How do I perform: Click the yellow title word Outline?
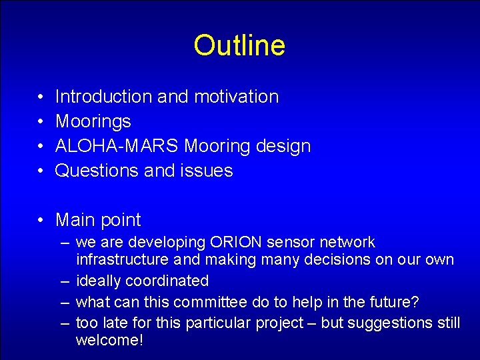(x=239, y=45)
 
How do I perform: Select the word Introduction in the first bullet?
(x=103, y=97)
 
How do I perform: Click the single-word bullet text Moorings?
(x=93, y=121)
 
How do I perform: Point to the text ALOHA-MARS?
(x=117, y=146)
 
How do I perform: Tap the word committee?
(x=214, y=302)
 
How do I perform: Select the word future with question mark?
(x=396, y=302)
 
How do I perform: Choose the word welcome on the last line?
(x=108, y=341)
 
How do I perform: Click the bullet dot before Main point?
(x=41, y=221)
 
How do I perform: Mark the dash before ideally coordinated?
(x=65, y=281)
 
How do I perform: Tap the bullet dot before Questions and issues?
(x=41, y=171)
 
